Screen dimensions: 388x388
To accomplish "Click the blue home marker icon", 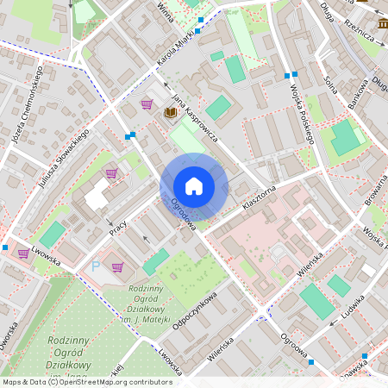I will point(194,186).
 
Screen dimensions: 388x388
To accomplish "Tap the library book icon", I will point(170,113).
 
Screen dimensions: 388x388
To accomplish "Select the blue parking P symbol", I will point(96,268).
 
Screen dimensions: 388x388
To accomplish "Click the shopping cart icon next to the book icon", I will point(147,104).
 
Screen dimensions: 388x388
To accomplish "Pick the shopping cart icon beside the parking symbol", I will point(117,267).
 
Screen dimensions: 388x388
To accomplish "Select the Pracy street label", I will point(118,228).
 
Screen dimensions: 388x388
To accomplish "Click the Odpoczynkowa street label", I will point(193,309).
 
